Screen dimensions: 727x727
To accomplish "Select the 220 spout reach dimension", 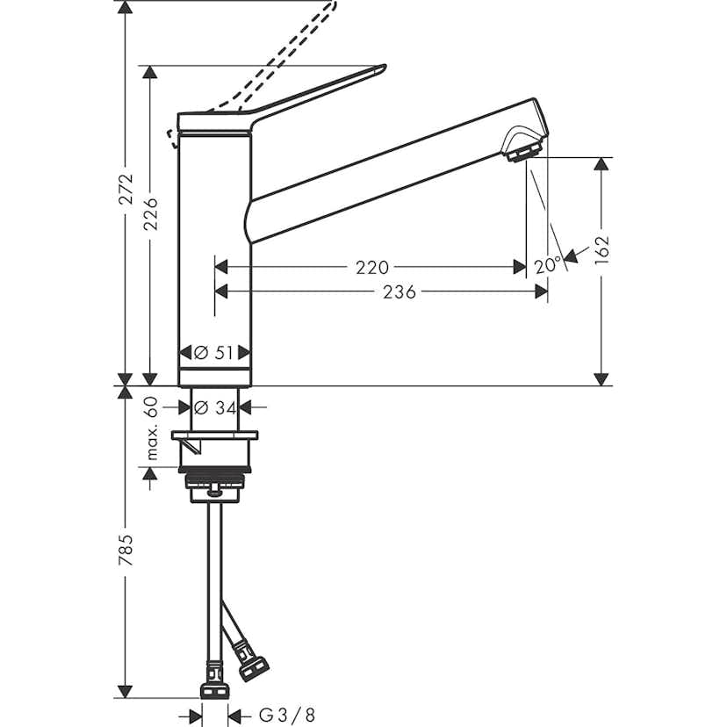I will tap(372, 266).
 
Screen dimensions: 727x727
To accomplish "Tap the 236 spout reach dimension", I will tap(399, 292).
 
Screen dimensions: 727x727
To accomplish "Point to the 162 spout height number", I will tap(601, 250).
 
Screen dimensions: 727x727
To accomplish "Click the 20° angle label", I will tap(545, 264).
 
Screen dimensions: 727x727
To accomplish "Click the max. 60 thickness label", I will tap(151, 428).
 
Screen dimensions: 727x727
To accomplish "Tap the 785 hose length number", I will tap(126, 550).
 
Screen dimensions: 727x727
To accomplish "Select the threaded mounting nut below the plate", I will tap(215, 482).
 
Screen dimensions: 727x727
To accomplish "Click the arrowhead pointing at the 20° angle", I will tap(571, 256).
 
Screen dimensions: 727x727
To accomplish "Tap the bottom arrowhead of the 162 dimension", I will tap(601, 378).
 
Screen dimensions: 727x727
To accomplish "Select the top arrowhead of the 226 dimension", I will tap(152, 71).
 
